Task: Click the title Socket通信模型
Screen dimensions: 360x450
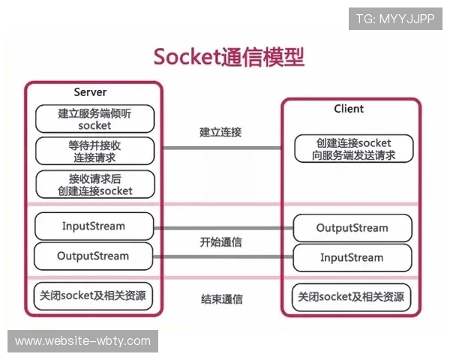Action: [229, 57]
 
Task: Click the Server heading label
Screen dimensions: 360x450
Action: [90, 92]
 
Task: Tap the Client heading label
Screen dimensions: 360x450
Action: [349, 109]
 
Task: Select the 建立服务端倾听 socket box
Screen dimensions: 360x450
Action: [94, 119]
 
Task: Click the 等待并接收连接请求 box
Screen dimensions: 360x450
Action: [94, 151]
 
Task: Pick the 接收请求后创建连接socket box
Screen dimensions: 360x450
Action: [94, 184]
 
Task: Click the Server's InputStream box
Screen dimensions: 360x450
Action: [94, 226]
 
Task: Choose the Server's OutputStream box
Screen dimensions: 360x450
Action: [94, 256]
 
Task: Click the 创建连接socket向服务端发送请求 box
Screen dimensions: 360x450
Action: [353, 149]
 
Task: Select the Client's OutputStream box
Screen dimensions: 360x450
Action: [352, 228]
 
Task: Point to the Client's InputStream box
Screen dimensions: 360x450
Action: [352, 258]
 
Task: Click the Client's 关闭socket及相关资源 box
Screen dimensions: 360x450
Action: [352, 296]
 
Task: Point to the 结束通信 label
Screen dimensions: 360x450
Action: [221, 299]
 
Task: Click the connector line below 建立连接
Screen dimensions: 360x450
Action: [222, 148]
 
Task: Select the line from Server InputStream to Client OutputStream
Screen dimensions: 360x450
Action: [223, 226]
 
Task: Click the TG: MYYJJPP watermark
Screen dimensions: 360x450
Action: [394, 18]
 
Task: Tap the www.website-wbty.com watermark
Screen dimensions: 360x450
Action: [83, 341]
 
